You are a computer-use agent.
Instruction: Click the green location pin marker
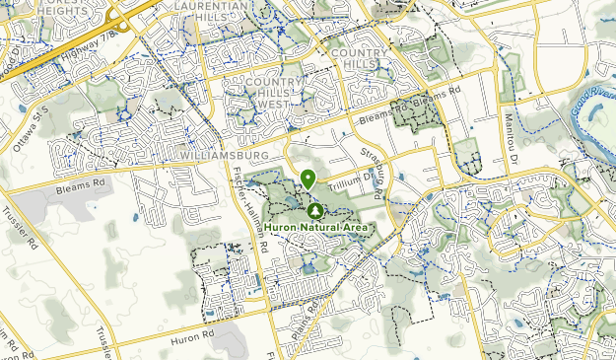tap(308, 179)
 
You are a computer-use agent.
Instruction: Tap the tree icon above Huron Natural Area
tap(315, 210)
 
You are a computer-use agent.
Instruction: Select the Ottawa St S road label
tap(31, 127)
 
